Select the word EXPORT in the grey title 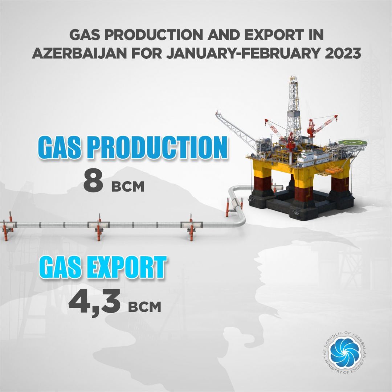click(274, 35)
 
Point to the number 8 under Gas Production click(93, 181)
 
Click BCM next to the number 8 click(128, 187)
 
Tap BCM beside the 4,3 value click(144, 306)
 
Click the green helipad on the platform click(353, 143)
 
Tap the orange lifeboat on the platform click(334, 171)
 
